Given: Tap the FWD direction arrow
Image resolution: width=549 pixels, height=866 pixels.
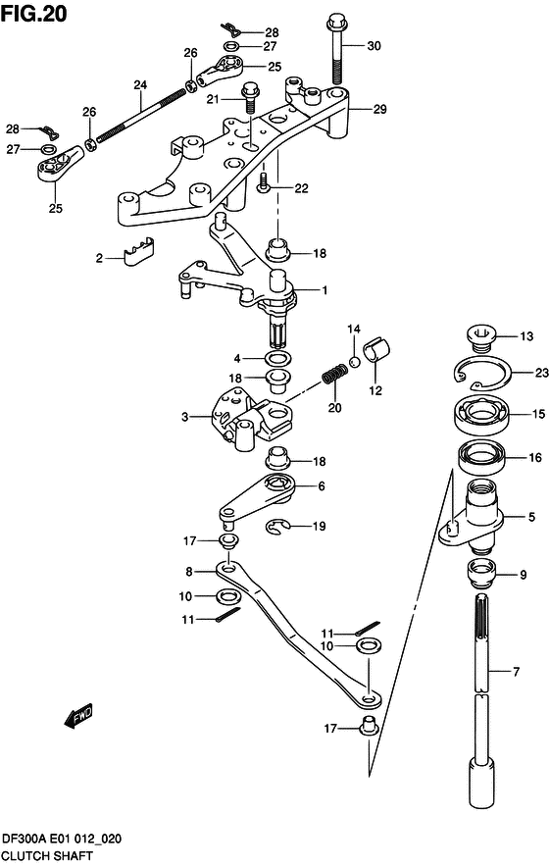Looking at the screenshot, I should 79,716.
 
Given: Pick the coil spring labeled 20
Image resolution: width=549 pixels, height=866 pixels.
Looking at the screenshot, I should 335,377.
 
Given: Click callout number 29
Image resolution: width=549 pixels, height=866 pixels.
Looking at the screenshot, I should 378,109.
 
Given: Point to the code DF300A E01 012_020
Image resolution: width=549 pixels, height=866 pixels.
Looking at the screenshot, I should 61,841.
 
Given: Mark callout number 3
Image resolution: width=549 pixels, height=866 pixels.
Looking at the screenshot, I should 183,417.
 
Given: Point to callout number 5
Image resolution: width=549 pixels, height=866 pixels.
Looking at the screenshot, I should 531,517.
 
